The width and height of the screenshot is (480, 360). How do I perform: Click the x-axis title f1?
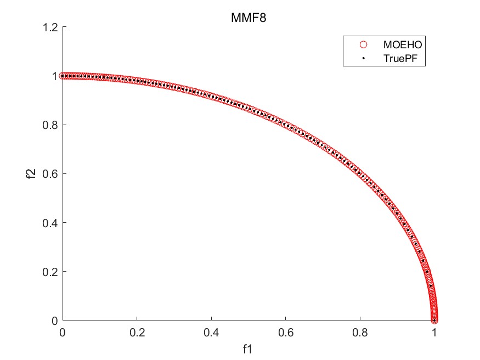[x=249, y=348]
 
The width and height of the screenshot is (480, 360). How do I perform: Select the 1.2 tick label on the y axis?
[x=50, y=27]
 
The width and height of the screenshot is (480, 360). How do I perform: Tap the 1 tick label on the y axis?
[x=55, y=76]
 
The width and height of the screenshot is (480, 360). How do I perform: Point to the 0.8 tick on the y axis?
[x=50, y=125]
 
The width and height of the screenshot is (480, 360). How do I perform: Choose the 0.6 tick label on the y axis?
[x=50, y=173]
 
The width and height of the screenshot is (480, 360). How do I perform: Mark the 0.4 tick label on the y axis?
[x=50, y=222]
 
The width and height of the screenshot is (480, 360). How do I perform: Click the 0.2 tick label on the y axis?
[x=50, y=271]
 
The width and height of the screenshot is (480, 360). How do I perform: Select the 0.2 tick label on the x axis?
[x=137, y=332]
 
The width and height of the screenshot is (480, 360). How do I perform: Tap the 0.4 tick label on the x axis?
[x=211, y=332]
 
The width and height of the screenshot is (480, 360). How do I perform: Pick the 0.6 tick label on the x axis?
[x=286, y=332]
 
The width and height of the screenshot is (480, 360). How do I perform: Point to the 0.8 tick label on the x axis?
[x=360, y=332]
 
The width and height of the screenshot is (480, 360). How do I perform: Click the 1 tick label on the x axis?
[x=434, y=332]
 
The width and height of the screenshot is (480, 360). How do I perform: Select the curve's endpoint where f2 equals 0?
[x=434, y=320]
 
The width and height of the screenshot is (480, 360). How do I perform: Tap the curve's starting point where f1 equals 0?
[x=63, y=76]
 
